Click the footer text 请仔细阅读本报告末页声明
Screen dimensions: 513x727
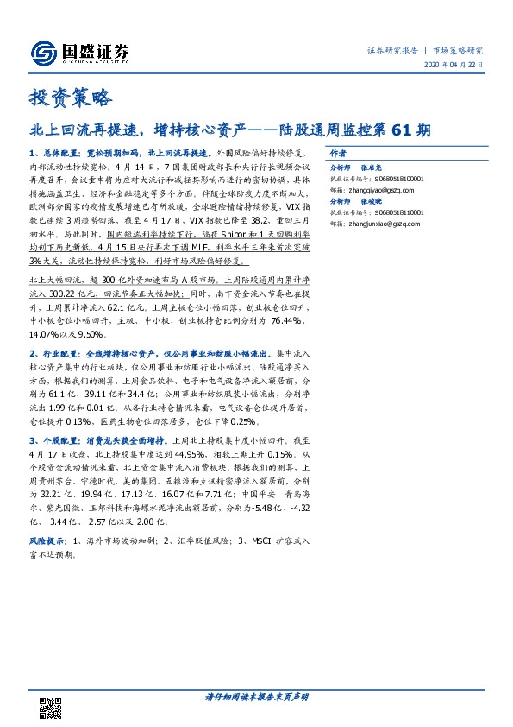pos(256,698)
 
